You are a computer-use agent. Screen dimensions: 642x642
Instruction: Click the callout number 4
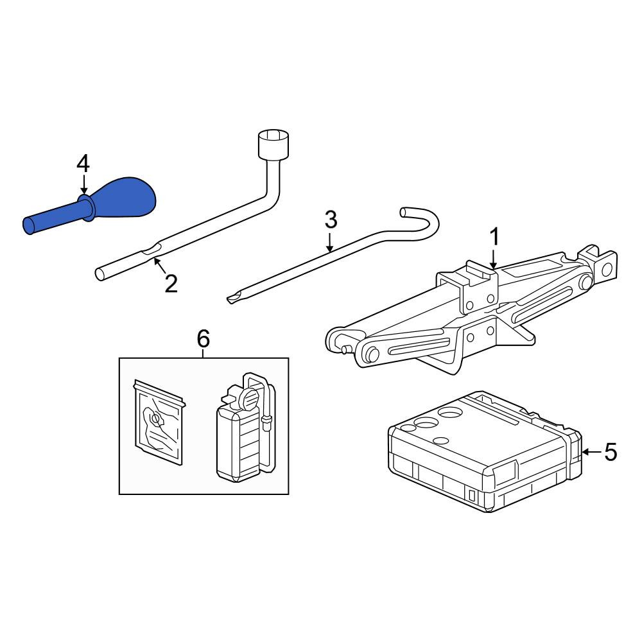83,164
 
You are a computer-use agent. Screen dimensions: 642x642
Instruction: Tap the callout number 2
171,283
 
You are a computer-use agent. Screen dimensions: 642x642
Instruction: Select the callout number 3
331,220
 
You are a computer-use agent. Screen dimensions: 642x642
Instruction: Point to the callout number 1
494,238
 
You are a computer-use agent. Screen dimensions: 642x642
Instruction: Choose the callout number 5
611,453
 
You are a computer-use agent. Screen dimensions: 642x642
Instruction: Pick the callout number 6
204,339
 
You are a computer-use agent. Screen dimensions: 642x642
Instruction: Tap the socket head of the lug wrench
273,144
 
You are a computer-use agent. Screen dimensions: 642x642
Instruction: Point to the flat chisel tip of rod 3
233,299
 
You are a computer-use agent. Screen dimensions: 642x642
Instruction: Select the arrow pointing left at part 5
592,452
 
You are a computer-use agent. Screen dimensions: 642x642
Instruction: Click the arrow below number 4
83,184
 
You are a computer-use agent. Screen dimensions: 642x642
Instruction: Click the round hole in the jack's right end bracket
607,270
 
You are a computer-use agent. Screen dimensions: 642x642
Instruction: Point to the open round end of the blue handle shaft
29,227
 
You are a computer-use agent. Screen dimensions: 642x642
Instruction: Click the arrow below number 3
329,241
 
